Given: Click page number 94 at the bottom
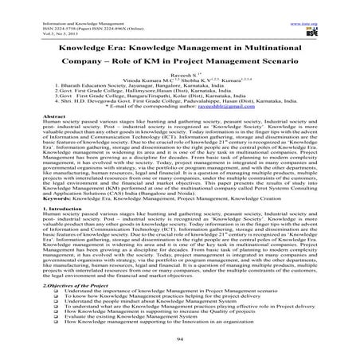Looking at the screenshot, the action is [x=181, y=338].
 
